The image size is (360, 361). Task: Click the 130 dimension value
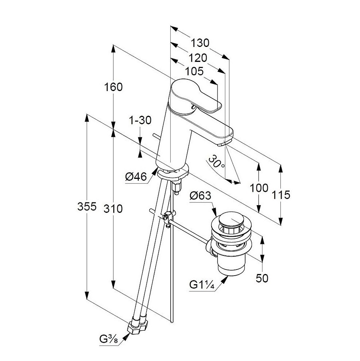point(200,43)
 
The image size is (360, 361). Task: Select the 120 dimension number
point(198,58)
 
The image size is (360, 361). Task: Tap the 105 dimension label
point(194,71)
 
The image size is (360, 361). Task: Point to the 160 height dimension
point(113,87)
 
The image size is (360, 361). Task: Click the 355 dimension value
point(87,206)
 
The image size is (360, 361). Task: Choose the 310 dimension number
point(113,209)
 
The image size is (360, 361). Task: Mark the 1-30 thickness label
point(140,120)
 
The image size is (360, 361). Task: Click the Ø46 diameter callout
point(136,177)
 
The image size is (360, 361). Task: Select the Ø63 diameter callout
point(200,196)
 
